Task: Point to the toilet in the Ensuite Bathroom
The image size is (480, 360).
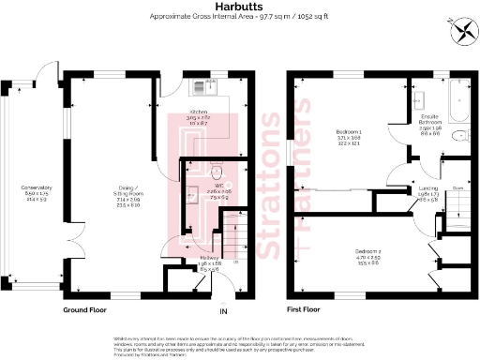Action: pos(460,137)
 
